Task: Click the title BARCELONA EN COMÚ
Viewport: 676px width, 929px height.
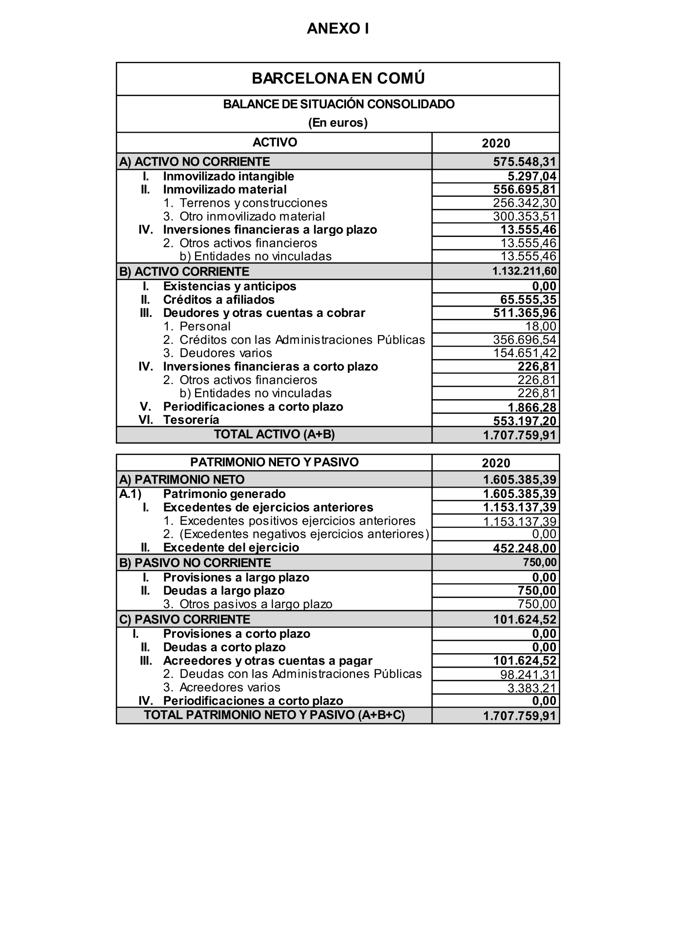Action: [338, 78]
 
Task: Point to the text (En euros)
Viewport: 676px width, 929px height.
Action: [338, 122]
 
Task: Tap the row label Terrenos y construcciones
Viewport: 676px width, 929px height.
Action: [253, 203]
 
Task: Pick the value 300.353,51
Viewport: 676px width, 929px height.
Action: [524, 216]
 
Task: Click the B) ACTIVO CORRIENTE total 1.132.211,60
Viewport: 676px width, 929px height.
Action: [524, 271]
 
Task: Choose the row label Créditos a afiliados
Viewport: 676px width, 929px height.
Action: [219, 300]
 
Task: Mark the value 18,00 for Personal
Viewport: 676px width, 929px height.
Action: [541, 327]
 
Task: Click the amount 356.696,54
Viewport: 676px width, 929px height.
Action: [524, 340]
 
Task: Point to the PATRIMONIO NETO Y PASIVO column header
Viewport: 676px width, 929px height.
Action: [274, 462]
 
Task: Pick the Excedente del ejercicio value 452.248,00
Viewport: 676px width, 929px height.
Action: [524, 548]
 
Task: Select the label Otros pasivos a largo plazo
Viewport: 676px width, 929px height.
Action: [256, 604]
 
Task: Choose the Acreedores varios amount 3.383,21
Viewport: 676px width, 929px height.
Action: [532, 688]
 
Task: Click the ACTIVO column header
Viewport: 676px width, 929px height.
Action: [274, 143]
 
